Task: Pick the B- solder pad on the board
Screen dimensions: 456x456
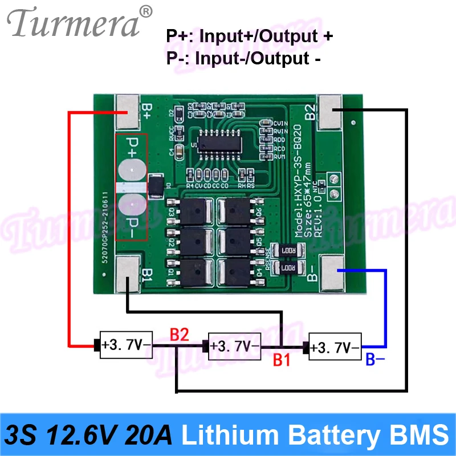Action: coord(332,270)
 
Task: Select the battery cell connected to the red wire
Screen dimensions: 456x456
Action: coord(124,345)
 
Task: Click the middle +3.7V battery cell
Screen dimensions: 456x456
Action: coord(234,345)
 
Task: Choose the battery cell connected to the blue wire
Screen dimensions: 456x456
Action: coord(334,345)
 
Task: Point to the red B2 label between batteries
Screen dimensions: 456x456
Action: coord(179,335)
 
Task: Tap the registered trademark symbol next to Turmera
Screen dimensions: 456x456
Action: coord(146,11)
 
